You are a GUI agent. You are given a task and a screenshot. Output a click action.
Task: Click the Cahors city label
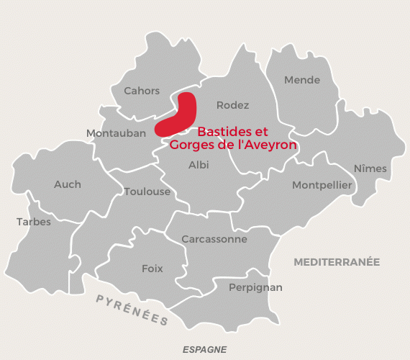tap(142, 91)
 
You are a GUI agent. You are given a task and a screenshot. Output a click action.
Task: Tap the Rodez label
tap(232, 105)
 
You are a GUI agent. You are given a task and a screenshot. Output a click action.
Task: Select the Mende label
tap(302, 80)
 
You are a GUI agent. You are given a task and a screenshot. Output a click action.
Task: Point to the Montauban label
tap(116, 133)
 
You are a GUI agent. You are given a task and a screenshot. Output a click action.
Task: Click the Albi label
tap(198, 165)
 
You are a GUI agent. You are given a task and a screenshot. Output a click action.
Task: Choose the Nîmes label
tap(370, 168)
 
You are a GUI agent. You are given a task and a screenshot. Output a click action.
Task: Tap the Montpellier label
tap(322, 185)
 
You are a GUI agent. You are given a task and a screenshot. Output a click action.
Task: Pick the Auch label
tap(68, 184)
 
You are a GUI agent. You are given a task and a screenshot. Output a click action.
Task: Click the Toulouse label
tap(147, 192)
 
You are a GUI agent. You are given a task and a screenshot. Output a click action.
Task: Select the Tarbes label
tap(34, 222)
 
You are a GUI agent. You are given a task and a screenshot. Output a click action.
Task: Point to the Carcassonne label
tap(214, 239)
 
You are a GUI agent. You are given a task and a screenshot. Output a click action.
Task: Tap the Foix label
tap(152, 269)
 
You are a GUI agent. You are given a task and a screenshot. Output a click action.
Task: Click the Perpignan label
tap(255, 287)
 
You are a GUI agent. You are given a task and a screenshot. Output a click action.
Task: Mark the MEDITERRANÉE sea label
tap(336, 263)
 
